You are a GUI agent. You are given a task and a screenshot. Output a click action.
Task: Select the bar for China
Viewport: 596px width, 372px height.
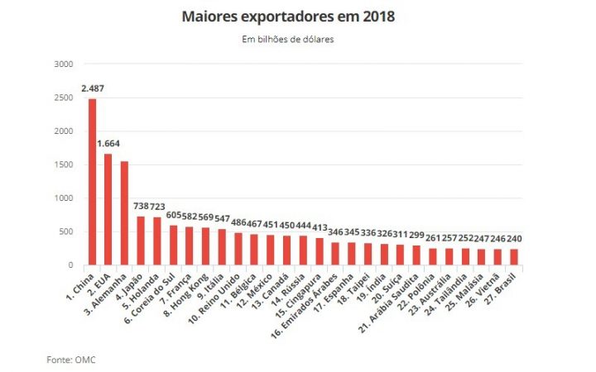pos(92,182)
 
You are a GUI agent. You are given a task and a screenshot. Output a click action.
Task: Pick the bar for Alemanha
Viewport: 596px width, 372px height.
pos(124,213)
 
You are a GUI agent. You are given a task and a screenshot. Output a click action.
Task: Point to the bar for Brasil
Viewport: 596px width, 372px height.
pos(514,257)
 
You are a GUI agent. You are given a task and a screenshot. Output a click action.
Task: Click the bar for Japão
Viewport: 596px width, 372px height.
pos(141,241)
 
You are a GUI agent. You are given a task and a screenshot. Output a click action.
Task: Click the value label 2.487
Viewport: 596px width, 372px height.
pos(93,88)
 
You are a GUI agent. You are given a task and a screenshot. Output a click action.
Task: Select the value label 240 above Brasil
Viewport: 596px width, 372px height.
pos(515,239)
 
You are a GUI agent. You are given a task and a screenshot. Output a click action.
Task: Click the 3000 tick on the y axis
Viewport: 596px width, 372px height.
pos(63,64)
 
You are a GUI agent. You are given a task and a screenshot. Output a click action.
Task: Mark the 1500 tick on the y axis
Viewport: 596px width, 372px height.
pos(63,165)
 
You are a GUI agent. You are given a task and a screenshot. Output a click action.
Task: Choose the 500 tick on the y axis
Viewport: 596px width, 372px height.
pos(66,232)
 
